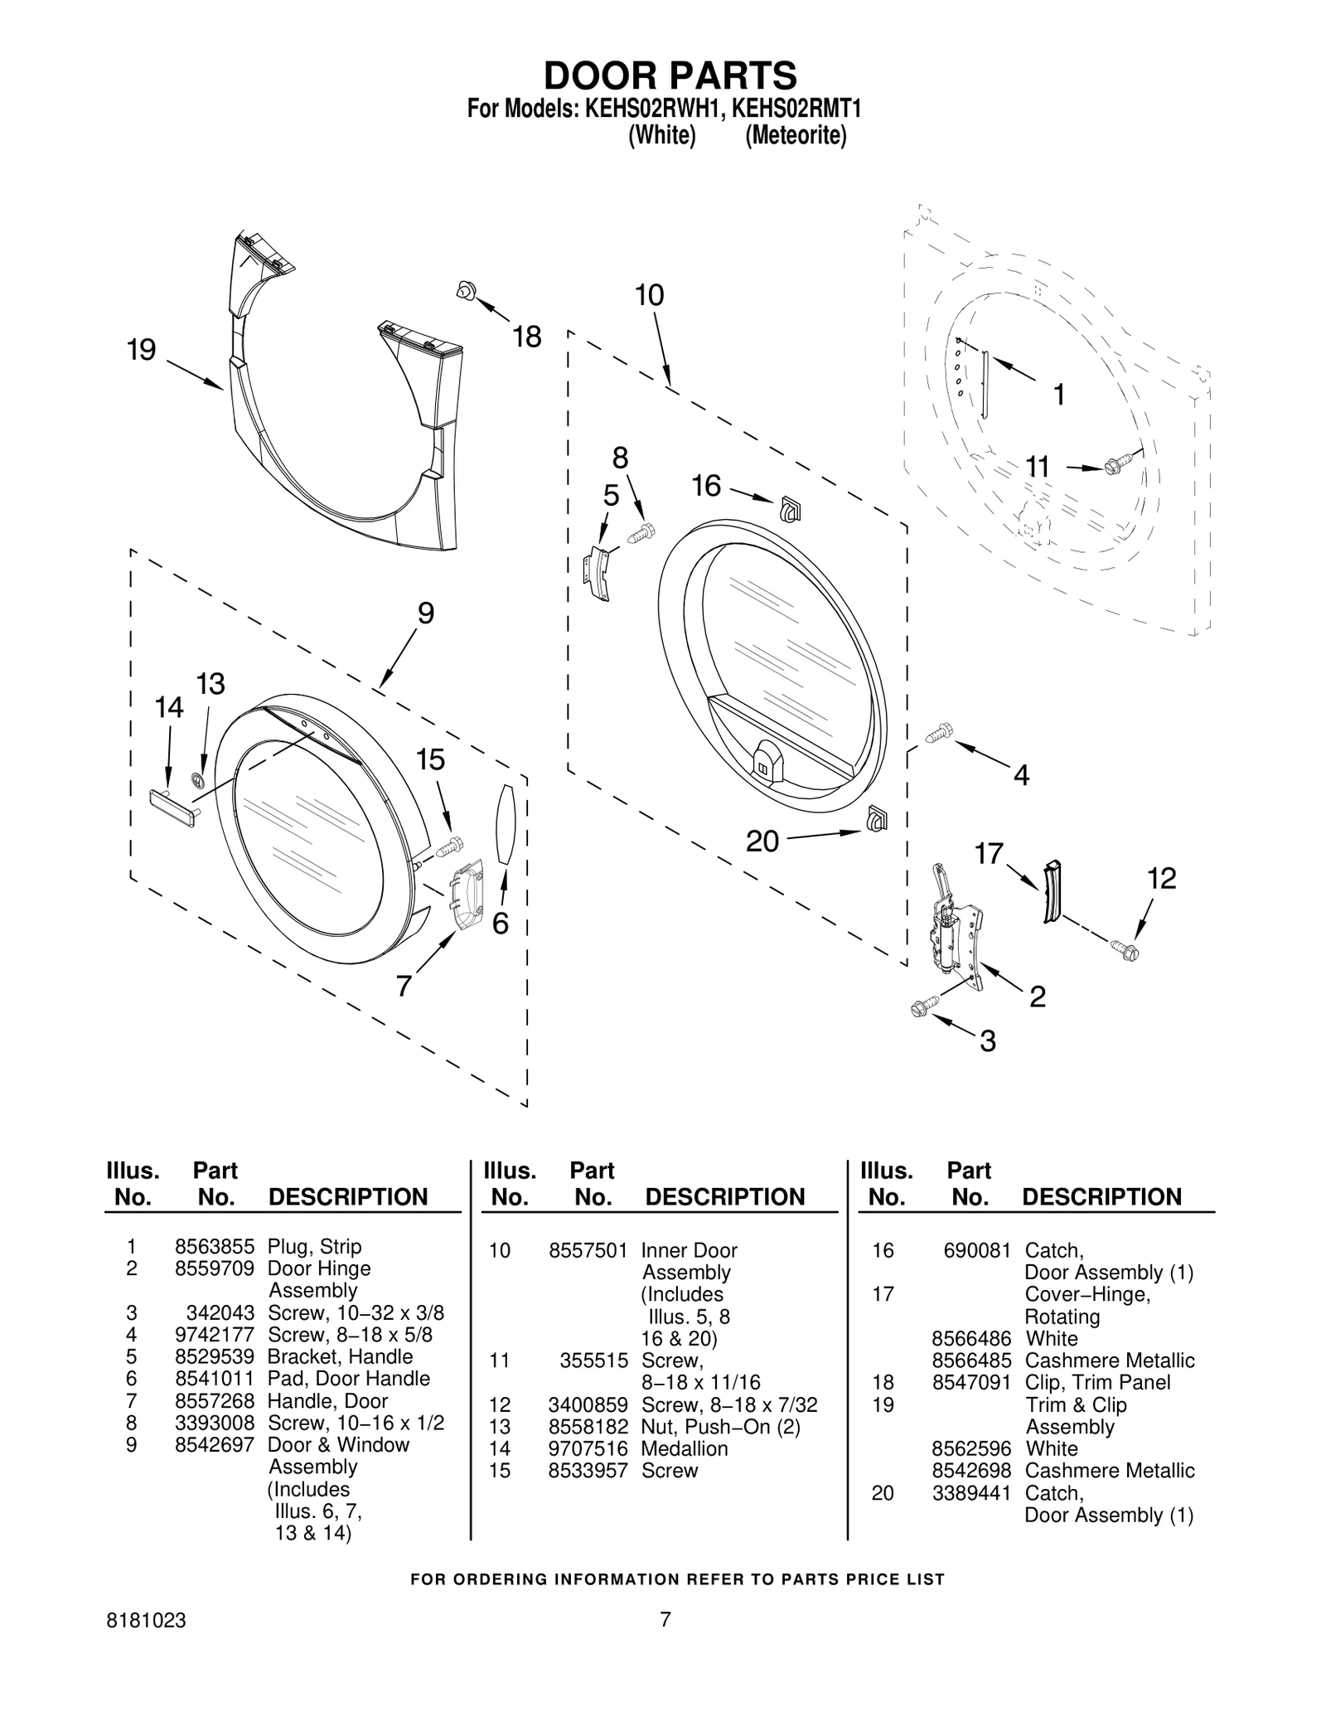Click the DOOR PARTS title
(x=670, y=75)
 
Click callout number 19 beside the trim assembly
(x=142, y=350)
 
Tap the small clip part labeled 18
(x=465, y=290)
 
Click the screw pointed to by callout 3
(x=922, y=1006)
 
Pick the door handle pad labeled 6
(x=506, y=824)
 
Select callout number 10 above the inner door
(x=650, y=295)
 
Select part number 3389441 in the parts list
(x=971, y=1492)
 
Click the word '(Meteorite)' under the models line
(x=796, y=136)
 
